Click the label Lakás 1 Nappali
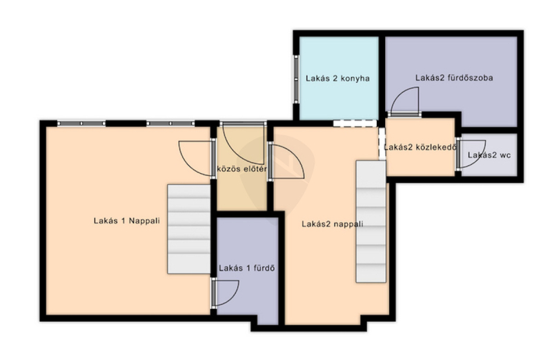(x=127, y=221)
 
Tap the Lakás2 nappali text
(x=333, y=224)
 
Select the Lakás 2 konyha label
(x=337, y=78)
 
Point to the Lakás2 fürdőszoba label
(x=454, y=78)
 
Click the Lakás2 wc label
(x=489, y=155)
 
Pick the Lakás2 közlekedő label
(x=420, y=147)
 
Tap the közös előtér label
(x=241, y=168)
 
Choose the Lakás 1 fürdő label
(x=246, y=268)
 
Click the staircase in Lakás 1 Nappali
(x=188, y=229)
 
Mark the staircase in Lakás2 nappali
(x=371, y=221)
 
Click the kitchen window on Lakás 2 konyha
(x=297, y=79)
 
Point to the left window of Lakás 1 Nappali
(x=81, y=123)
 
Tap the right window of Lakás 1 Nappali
(x=170, y=123)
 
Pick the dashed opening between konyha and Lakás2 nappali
(x=355, y=123)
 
